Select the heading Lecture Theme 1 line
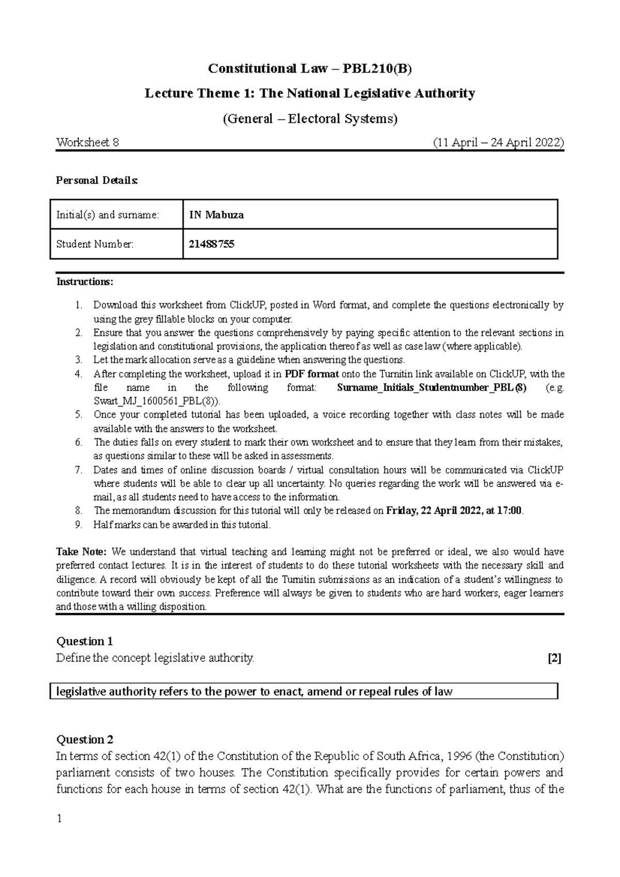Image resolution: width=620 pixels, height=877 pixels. (309, 93)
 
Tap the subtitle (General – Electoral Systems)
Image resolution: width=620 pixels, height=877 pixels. (309, 119)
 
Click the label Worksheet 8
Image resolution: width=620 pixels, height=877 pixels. (87, 143)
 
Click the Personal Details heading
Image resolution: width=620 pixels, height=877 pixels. (97, 180)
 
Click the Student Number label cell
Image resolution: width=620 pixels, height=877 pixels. (95, 244)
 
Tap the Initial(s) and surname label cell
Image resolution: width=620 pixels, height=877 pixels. (107, 215)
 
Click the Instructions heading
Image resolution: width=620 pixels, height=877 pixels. (84, 282)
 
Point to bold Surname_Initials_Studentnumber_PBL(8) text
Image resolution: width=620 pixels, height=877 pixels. (431, 388)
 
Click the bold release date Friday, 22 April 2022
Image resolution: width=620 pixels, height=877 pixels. (431, 511)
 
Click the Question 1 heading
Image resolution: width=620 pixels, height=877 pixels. (84, 641)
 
